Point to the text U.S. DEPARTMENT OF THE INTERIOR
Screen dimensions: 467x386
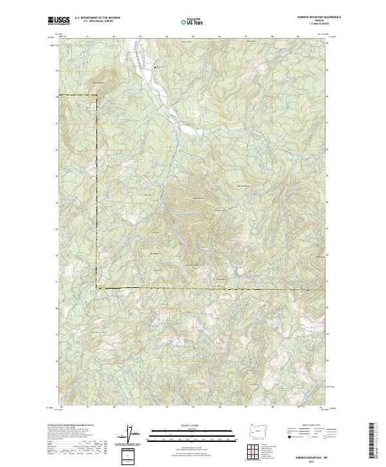(97, 18)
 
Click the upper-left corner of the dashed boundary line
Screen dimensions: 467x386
(96, 96)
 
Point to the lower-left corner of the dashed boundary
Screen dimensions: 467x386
(96, 287)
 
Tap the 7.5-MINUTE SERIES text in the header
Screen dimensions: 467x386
(315, 25)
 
